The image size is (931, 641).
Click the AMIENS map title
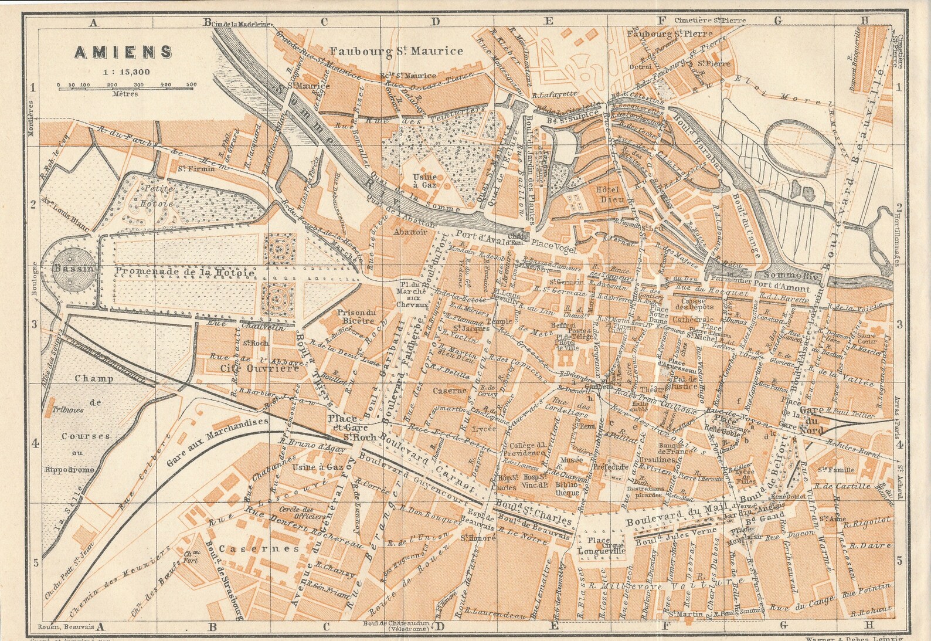(x=123, y=52)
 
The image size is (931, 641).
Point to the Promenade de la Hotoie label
(x=185, y=273)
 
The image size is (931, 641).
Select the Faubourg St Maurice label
(x=396, y=51)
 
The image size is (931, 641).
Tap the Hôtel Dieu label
(x=607, y=194)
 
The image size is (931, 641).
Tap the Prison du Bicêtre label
(x=355, y=317)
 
